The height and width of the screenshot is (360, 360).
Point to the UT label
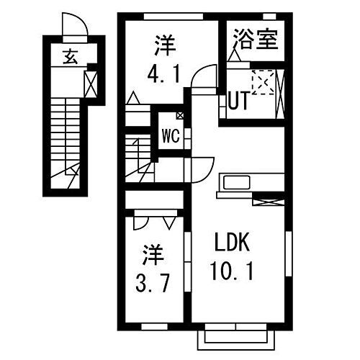239,102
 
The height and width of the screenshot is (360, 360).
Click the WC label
170,134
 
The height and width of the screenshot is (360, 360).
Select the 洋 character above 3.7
151,253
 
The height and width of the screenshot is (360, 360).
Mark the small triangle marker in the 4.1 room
134,99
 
